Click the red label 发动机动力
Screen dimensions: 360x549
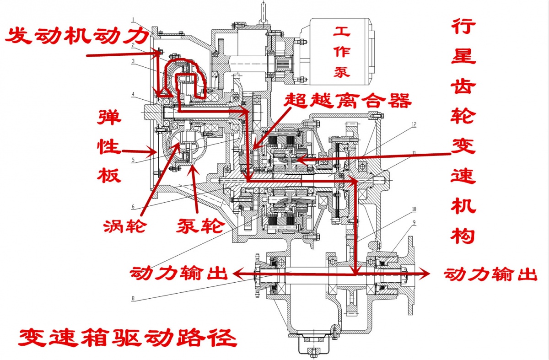click(77, 36)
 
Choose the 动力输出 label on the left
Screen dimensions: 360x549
click(179, 274)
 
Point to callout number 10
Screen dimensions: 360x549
click(414, 209)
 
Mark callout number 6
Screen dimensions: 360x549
click(133, 206)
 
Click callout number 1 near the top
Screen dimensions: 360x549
click(132, 20)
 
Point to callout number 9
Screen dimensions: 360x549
click(414, 222)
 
